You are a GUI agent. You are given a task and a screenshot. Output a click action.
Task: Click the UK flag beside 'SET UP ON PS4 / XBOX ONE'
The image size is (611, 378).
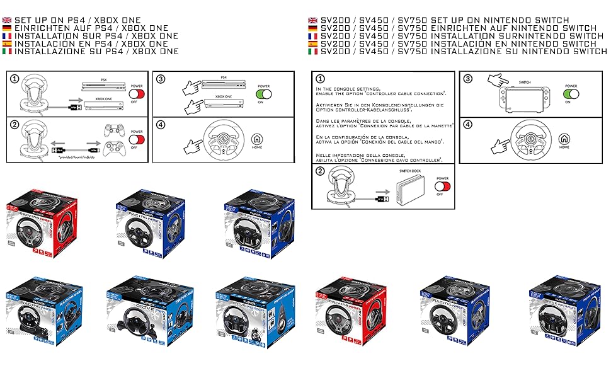click(7, 20)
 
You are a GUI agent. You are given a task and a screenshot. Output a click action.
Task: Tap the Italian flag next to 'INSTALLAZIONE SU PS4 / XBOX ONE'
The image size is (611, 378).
click(7, 52)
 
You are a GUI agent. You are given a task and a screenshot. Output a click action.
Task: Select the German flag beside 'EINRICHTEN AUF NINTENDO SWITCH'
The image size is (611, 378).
click(313, 28)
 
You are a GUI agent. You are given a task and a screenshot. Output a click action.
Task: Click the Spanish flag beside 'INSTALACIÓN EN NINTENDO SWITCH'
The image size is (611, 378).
click(313, 44)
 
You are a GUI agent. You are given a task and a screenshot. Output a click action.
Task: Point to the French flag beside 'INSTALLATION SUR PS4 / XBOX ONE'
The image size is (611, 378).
click(7, 36)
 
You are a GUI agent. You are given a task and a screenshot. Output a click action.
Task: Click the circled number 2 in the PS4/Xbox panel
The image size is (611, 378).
click(14, 125)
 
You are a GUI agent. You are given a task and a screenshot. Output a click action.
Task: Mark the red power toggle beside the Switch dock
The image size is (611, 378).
click(443, 186)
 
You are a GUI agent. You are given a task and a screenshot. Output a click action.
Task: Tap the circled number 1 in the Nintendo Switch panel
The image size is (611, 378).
click(321, 79)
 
